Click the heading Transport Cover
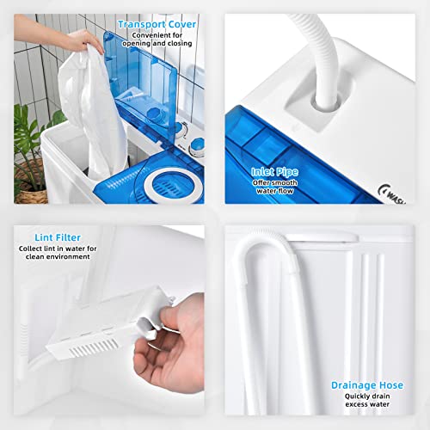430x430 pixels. (157, 24)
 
